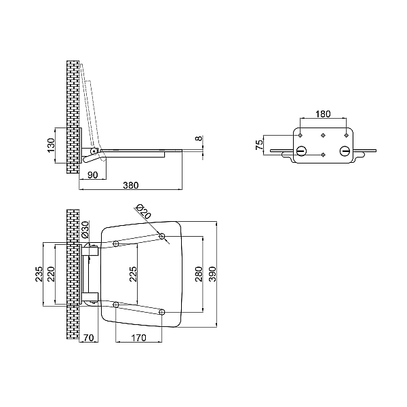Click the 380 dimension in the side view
tap(131, 185)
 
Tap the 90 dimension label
tap(93, 175)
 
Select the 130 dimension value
tap(52, 145)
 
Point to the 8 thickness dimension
tap(199, 138)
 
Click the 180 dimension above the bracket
tap(323, 114)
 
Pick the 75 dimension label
tap(259, 145)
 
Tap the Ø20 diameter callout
tap(144, 212)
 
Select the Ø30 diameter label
tap(85, 230)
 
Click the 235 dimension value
tap(39, 274)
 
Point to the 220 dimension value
tap(51, 274)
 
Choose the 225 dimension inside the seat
tap(133, 274)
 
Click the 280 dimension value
tap(199, 274)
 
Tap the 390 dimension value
tap(212, 274)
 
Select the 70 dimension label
tap(88, 338)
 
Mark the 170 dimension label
tap(138, 338)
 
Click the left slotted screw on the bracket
tap(301, 151)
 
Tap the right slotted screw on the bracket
tap(345, 151)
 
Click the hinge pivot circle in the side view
tap(94, 151)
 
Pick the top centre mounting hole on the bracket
tap(323, 135)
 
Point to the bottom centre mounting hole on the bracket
tap(323, 155)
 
